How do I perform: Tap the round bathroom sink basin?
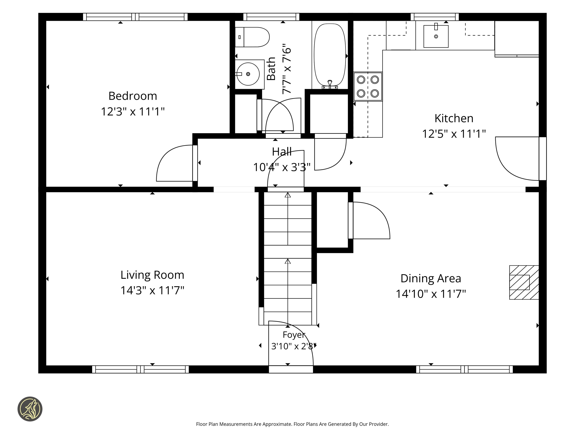coord(248,74)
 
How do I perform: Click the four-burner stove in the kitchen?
coord(368,86)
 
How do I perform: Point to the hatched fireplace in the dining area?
coord(524,282)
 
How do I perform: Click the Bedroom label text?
coord(133,96)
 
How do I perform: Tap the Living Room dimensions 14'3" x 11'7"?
coord(152,290)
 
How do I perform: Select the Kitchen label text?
coord(454,118)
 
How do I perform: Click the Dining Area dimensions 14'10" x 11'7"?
coord(431,294)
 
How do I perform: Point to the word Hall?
coord(282,152)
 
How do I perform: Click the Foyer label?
coord(294,335)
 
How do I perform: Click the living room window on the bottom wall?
coord(140,369)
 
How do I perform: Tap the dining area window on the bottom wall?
coord(464,369)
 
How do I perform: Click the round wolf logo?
coord(30,409)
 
